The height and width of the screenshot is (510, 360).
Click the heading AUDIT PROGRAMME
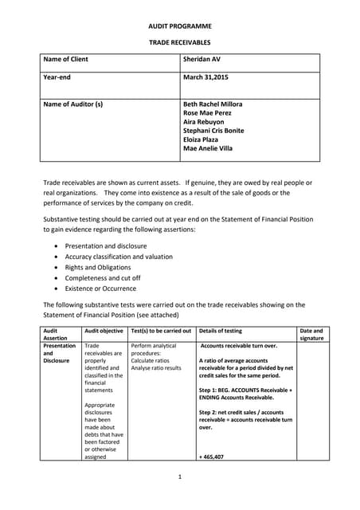[x=179, y=26]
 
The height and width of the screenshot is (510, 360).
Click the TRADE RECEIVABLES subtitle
[x=179, y=43]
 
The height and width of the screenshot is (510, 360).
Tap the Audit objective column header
[x=104, y=330]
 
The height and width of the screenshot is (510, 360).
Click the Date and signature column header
[x=311, y=334]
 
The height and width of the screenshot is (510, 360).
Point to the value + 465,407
[x=212, y=457]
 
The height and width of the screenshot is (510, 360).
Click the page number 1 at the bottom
[x=180, y=477]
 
